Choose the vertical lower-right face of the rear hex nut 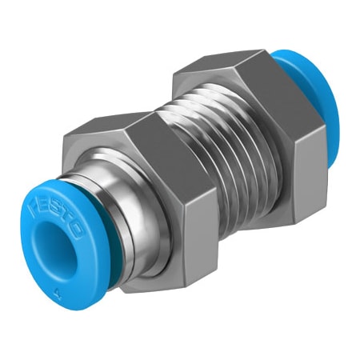pyautogui.click(x=296, y=176)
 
